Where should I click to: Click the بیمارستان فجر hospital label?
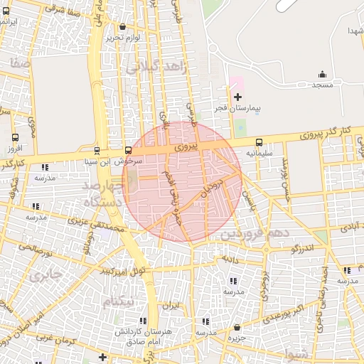239,108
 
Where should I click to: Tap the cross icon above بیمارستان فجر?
237,96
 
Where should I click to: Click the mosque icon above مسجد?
322,74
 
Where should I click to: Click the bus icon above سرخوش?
128,150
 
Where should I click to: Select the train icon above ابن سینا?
97,150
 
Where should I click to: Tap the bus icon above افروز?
16,137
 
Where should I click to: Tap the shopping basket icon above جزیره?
237,328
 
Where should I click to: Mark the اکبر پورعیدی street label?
290,314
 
